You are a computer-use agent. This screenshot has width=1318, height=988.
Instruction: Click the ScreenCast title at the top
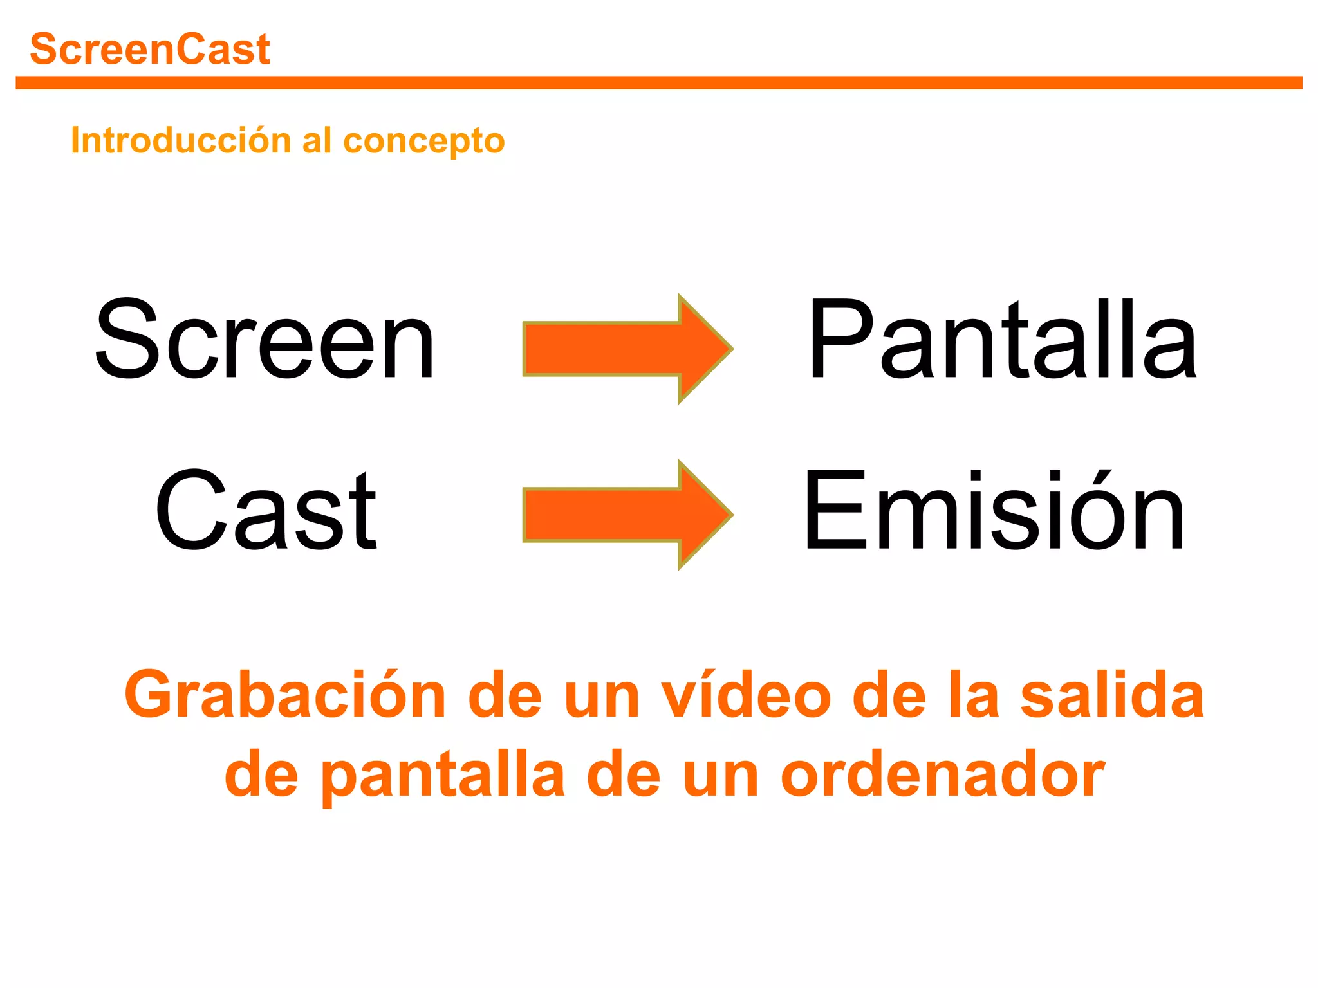(x=150, y=50)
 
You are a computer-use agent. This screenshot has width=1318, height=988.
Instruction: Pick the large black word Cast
(x=265, y=509)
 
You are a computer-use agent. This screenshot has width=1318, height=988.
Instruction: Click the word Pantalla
(x=1002, y=339)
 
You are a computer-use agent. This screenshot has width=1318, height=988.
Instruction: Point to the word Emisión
(x=994, y=509)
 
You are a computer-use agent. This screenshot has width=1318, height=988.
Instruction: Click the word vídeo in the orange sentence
(x=747, y=696)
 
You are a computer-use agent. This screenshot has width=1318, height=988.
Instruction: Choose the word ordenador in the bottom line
(x=943, y=775)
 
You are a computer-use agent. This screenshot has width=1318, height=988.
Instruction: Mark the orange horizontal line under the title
(x=659, y=83)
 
